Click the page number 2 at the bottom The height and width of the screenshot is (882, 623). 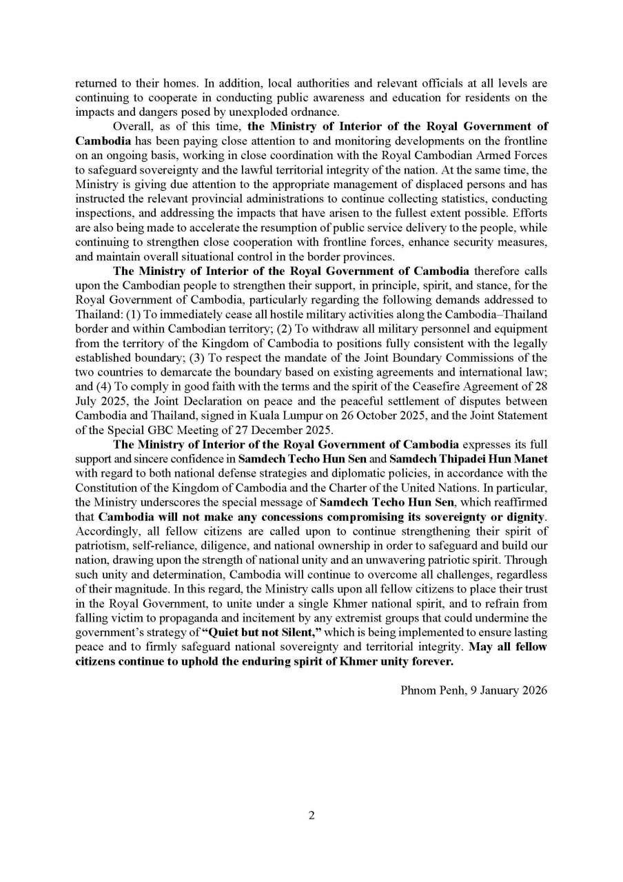tap(311, 816)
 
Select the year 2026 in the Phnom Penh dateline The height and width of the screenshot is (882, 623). tap(533, 690)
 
